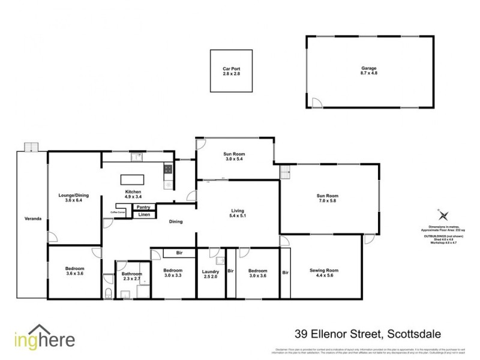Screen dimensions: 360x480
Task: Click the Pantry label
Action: coord(143,207)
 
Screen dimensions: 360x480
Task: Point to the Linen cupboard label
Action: coord(144,214)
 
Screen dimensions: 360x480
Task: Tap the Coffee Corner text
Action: coord(118,212)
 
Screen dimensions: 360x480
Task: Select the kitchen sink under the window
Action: coord(137,158)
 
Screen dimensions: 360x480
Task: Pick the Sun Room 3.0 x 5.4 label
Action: coord(235,157)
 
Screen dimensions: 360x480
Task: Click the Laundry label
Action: coord(211,273)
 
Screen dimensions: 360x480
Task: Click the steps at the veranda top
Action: coord(31,147)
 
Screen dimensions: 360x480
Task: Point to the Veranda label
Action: coord(32,218)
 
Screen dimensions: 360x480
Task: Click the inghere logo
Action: coord(45,339)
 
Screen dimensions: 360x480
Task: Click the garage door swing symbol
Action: coord(316,103)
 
